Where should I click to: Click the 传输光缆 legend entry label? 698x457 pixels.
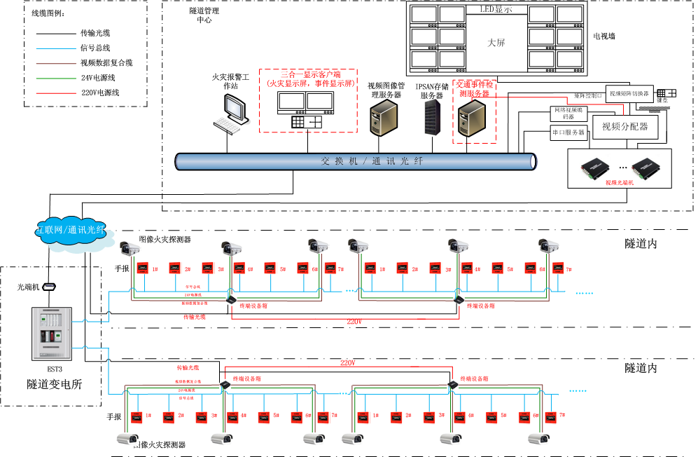pyautogui.click(x=95, y=33)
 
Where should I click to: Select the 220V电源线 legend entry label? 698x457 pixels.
pyautogui.click(x=100, y=92)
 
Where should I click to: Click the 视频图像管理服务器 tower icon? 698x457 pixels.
pyautogui.click(x=384, y=116)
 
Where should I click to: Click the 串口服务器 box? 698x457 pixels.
pyautogui.click(x=568, y=132)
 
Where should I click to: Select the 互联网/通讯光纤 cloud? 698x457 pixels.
pyautogui.click(x=69, y=231)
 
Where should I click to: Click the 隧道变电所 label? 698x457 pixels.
pyautogui.click(x=54, y=384)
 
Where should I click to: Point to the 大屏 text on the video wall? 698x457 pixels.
pyautogui.click(x=496, y=43)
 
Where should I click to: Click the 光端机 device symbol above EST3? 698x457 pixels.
pyautogui.click(x=49, y=287)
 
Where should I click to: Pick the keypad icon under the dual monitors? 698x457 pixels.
pyautogui.click(x=307, y=121)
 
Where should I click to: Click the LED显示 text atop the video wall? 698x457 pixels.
pyautogui.click(x=496, y=9)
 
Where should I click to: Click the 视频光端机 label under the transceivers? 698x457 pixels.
pyautogui.click(x=618, y=182)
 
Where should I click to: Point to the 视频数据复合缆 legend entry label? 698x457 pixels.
pyautogui.click(x=106, y=62)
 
